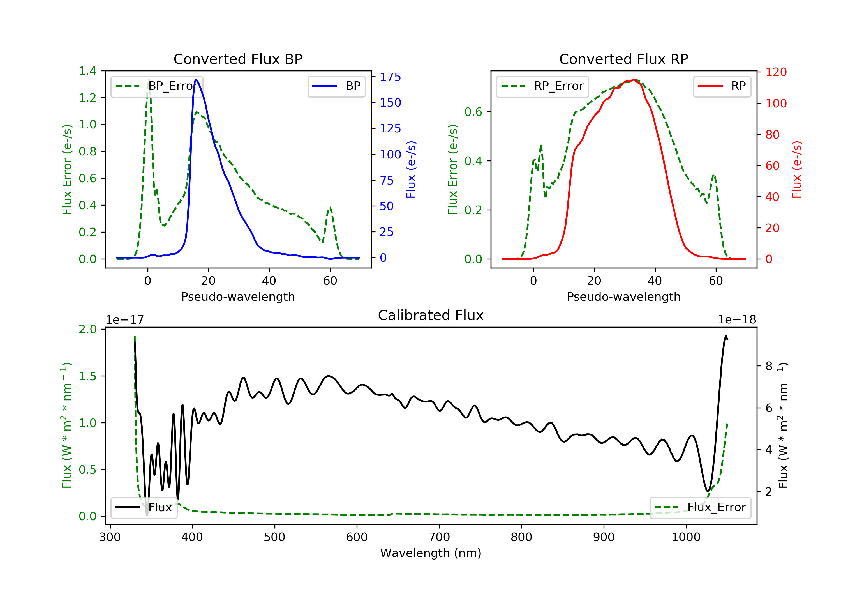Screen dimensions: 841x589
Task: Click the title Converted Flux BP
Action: pos(238,59)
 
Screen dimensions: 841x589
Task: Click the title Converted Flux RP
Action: pos(624,59)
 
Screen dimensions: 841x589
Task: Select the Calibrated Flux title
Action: pos(431,315)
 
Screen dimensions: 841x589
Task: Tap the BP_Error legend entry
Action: pos(157,86)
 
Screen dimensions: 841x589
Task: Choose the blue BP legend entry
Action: pos(336,86)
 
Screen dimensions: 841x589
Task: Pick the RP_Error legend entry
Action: pos(542,86)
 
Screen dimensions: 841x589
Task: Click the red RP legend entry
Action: pos(722,86)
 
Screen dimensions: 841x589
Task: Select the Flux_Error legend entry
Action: pos(700,507)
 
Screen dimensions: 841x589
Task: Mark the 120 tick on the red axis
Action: pos(776,72)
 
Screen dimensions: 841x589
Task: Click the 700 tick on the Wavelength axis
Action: pos(439,537)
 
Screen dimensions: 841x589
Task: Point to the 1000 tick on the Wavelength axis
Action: pos(686,537)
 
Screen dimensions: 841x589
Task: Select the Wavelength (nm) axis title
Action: pos(431,553)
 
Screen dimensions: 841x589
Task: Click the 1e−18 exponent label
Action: pos(737,320)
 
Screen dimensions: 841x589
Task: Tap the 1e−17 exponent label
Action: pos(125,320)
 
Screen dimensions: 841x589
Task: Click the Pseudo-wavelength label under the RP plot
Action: pos(624,296)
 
